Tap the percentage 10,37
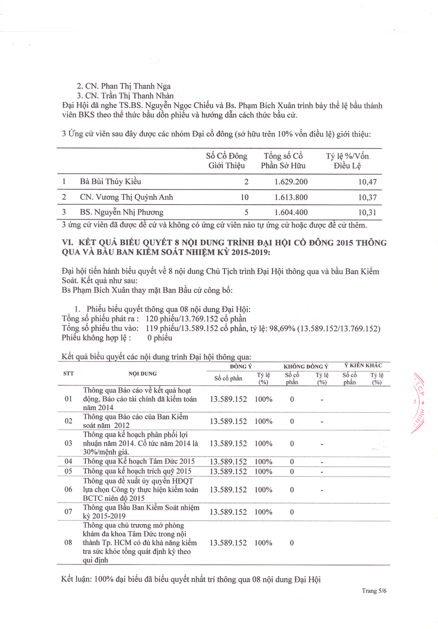[x=367, y=197]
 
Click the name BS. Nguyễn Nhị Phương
[x=122, y=212]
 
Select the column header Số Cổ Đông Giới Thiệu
[x=226, y=161]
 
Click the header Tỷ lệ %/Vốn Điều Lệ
[x=351, y=161]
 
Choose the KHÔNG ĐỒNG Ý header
[x=306, y=366]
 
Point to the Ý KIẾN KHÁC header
[x=363, y=365]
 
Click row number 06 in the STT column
[x=68, y=489]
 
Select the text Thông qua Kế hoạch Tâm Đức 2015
[x=139, y=461]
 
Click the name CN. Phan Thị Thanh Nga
[x=124, y=86]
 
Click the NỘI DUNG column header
[x=142, y=373]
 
